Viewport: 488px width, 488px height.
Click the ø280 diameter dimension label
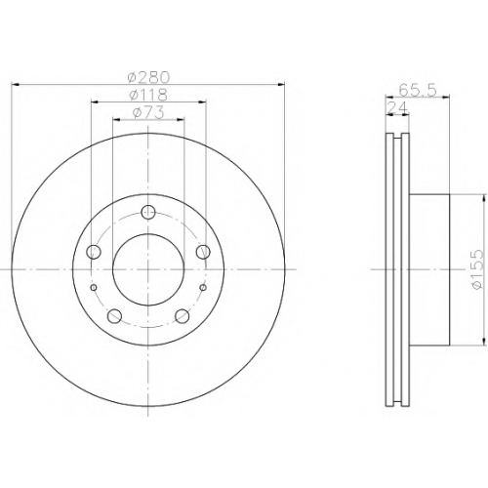point(148,77)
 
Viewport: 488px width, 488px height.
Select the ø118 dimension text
point(148,95)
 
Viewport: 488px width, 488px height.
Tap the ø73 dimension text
point(148,112)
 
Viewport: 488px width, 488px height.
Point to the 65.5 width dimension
point(418,90)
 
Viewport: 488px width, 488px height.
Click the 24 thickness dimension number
point(397,107)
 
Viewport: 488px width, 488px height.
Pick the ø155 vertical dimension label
point(476,269)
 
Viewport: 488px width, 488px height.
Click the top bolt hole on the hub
point(148,212)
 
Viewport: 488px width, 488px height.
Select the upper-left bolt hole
point(94,252)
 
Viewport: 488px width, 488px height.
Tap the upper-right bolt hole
point(203,252)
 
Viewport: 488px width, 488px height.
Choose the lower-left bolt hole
point(114,315)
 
